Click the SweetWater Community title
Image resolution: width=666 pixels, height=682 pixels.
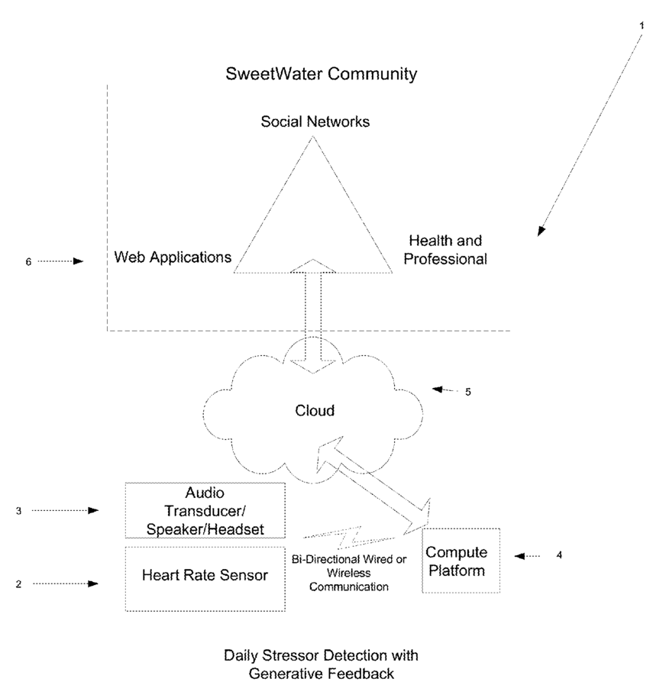(x=322, y=74)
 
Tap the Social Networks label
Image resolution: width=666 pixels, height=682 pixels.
(x=315, y=121)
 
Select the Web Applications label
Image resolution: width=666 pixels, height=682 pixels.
(x=173, y=257)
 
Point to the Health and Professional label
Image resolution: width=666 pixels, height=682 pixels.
(x=445, y=250)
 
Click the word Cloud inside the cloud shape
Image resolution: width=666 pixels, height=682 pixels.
(x=315, y=411)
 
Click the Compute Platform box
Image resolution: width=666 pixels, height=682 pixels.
(x=461, y=561)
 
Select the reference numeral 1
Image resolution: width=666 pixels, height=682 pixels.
(x=642, y=25)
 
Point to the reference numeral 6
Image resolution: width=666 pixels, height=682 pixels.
(x=28, y=261)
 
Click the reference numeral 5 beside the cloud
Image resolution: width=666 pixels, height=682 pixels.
(x=468, y=392)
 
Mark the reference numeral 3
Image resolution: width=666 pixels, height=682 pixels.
(x=18, y=511)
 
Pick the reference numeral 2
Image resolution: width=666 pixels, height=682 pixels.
(x=18, y=584)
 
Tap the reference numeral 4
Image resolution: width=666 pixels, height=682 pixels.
(x=559, y=555)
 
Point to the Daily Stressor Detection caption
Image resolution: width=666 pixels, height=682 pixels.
(x=321, y=664)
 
